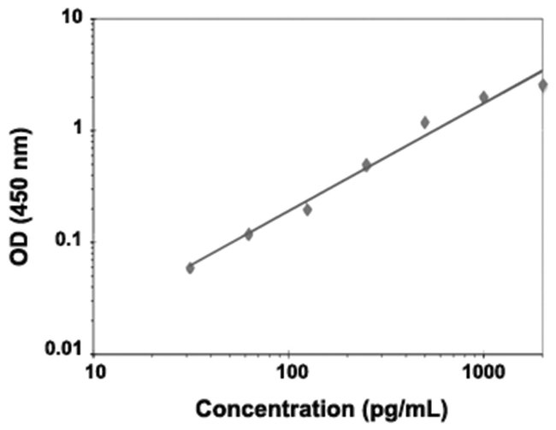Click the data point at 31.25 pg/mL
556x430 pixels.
[x=190, y=268]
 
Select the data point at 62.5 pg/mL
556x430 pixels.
[x=249, y=233]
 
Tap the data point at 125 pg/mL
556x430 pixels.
[x=307, y=209]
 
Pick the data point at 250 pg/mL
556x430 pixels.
[x=366, y=165]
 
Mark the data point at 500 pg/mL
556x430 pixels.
[x=425, y=122]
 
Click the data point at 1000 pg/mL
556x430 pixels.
[x=483, y=97]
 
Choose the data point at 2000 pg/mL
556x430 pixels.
[x=542, y=85]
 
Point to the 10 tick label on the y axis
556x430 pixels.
[x=71, y=19]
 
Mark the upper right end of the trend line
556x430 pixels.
[x=542, y=70]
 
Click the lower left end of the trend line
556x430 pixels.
[x=190, y=265]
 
